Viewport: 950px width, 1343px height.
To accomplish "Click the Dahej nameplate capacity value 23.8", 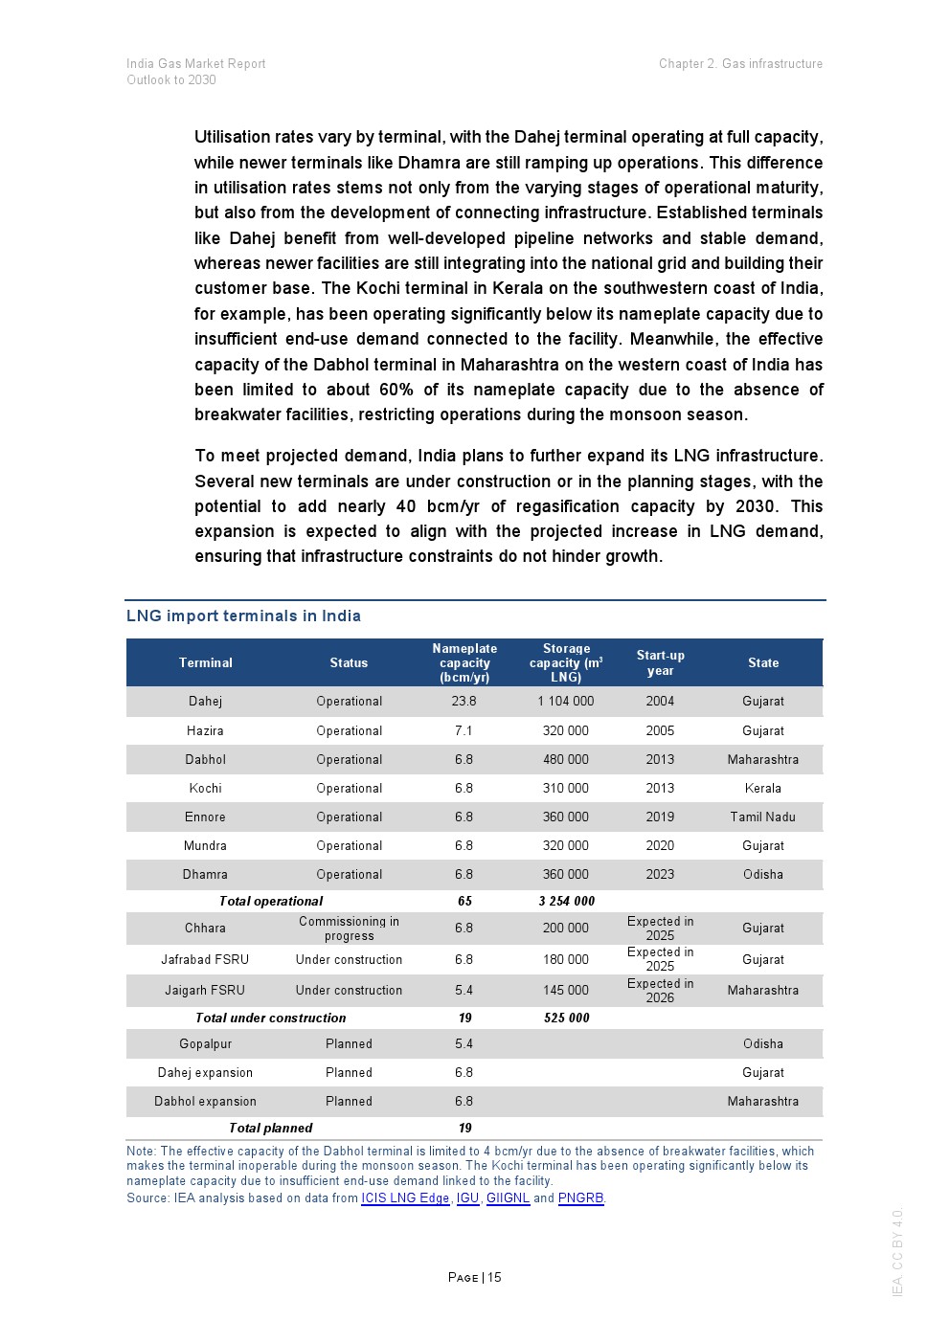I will click(464, 702).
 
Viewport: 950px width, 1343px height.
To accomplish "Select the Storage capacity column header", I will click(566, 662).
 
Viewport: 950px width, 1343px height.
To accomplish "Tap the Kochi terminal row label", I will click(205, 789).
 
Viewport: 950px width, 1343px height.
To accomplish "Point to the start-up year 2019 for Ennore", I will click(660, 817).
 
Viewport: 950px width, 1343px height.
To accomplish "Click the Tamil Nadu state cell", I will click(763, 817).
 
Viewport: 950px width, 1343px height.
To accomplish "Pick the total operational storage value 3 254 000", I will click(566, 902).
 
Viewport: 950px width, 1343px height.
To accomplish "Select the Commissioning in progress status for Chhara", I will click(349, 929).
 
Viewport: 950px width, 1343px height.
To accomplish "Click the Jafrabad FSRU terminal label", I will click(205, 960).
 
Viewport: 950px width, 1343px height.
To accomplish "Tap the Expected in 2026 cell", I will click(660, 991).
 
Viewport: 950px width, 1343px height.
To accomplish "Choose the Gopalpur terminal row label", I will click(205, 1044).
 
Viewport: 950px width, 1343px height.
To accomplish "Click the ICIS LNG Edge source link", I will click(405, 1198).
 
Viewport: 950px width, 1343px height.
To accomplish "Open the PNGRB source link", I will click(580, 1198).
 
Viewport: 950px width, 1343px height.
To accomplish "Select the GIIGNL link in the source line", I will click(508, 1198).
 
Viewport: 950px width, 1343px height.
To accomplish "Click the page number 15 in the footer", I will click(494, 1278).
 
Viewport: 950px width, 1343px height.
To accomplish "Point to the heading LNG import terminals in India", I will click(243, 616).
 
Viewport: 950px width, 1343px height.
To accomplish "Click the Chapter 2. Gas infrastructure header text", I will click(740, 64).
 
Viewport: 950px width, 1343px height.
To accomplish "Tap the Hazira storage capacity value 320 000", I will click(566, 731).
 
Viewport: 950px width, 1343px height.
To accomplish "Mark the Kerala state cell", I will click(763, 789).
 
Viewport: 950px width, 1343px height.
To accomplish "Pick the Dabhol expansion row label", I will click(205, 1102).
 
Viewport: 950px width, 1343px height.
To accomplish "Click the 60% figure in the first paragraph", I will click(396, 391).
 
